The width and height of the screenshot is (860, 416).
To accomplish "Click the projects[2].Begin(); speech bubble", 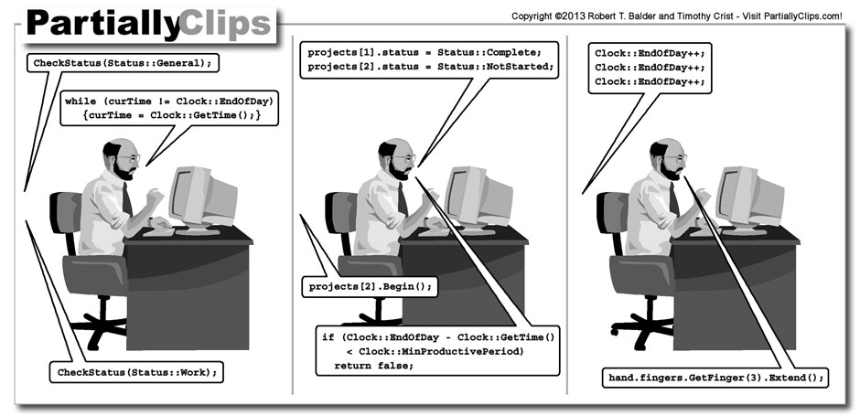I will coord(370,287).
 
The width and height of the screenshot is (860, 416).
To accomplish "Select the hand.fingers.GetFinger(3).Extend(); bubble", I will coord(716,377).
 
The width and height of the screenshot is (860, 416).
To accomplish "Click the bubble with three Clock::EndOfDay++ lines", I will coord(650,68).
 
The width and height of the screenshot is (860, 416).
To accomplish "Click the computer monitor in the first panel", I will coord(200,197).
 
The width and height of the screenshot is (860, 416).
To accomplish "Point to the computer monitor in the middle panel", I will coord(476,197).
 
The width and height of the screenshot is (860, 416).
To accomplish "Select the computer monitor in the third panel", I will coord(747,197).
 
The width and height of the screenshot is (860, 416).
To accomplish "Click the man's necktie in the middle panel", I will coord(403,198).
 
